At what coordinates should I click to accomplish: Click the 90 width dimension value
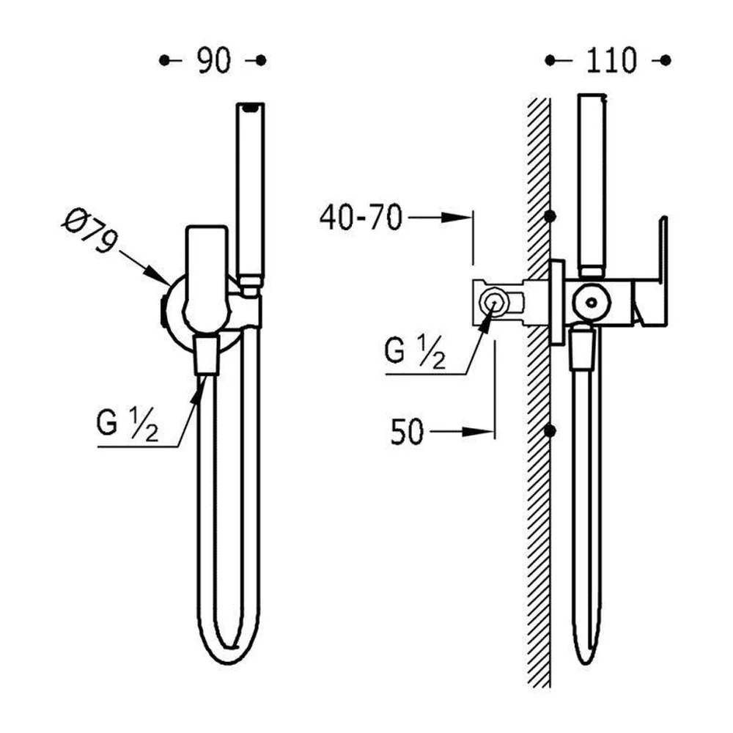[213, 60]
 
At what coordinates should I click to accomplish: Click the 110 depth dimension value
[611, 60]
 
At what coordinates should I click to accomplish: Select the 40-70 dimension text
[361, 218]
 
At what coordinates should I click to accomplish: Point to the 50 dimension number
[407, 432]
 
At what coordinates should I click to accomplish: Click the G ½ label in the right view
[415, 353]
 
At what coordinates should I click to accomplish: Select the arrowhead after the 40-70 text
[457, 218]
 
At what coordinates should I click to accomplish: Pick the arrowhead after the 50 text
[478, 432]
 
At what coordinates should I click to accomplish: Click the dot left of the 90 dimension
[164, 60]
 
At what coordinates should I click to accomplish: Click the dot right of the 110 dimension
[666, 60]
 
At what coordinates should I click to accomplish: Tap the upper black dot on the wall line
[550, 216]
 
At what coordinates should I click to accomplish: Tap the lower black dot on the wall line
[550, 430]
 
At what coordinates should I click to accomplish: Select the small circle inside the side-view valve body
[592, 303]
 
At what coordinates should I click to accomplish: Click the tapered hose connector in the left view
[206, 355]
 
